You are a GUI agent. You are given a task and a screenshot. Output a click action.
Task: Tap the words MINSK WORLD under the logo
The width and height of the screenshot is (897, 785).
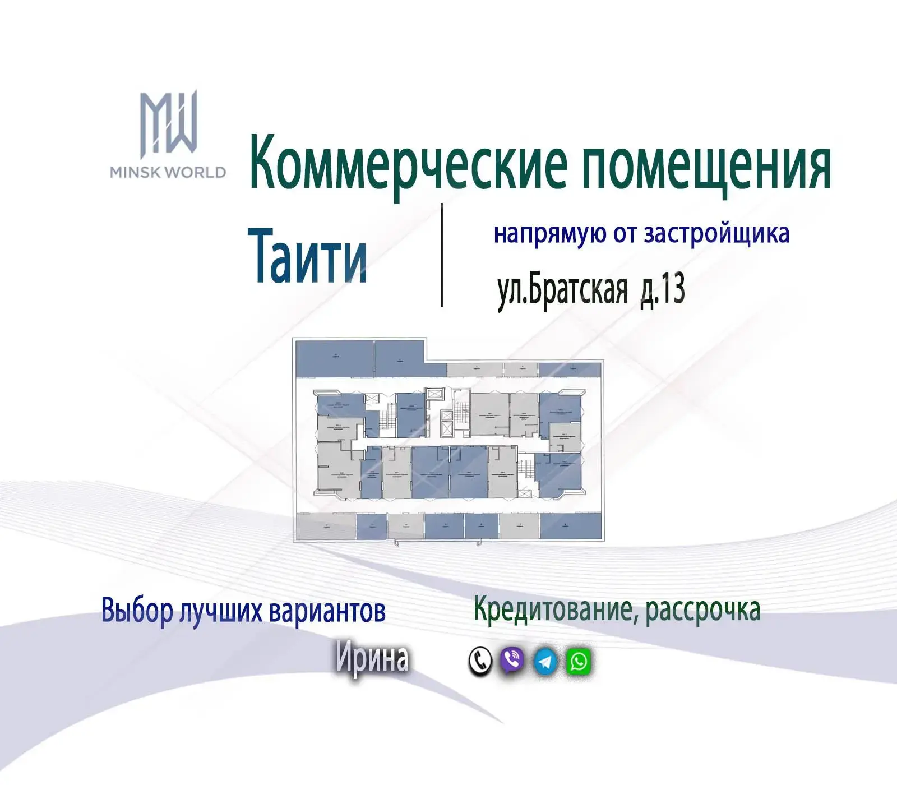point(168,172)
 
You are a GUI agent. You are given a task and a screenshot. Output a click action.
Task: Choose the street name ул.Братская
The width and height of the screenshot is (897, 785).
point(562,290)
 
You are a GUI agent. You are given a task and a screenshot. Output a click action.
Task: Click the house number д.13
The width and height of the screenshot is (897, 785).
point(663,290)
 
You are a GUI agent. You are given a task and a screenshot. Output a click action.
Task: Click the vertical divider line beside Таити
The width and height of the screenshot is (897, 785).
point(442,255)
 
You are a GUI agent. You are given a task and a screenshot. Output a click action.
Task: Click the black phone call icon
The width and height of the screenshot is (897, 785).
point(480,661)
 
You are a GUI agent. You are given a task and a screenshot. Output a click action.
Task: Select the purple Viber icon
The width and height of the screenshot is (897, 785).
point(512,661)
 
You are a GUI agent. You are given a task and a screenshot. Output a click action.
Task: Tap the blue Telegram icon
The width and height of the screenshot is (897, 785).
point(545,662)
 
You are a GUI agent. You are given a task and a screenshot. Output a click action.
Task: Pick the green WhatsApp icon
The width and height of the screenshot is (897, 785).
point(579,662)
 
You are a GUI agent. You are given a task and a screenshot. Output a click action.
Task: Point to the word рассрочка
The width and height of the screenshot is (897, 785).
point(703,609)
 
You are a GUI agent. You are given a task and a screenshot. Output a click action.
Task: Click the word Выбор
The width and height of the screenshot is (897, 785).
point(137,611)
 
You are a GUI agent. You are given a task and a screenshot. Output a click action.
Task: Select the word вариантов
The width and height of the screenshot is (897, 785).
point(327,611)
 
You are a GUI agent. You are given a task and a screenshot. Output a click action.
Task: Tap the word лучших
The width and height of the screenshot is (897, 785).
point(221,612)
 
